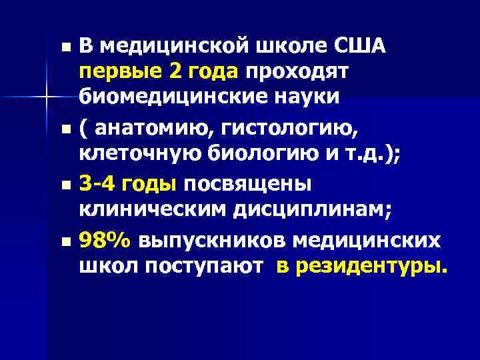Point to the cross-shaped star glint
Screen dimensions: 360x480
coord(45,97)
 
